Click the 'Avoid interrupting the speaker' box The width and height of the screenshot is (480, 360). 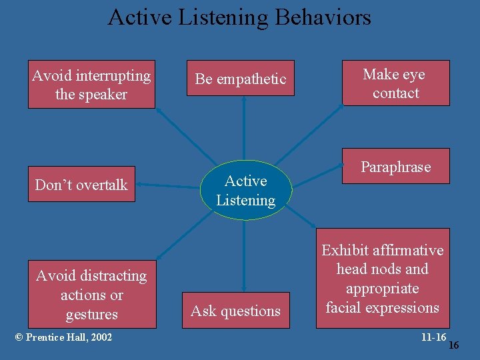[x=91, y=84]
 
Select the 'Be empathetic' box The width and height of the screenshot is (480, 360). [x=240, y=79]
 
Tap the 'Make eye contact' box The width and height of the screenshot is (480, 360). [x=396, y=83]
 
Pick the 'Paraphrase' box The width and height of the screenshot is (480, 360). [x=396, y=167]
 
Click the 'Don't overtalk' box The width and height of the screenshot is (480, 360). [x=81, y=184]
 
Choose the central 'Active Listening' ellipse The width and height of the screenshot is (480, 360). [x=245, y=190]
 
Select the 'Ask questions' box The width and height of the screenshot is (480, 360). [x=236, y=311]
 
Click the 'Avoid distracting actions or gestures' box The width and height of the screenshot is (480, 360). [x=91, y=294]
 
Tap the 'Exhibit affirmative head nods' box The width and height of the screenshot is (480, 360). [x=383, y=279]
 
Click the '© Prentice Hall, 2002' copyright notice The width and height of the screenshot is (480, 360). [x=63, y=337]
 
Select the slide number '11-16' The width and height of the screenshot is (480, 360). [x=433, y=337]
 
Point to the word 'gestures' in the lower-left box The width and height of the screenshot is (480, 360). [x=91, y=314]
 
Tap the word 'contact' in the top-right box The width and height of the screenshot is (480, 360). [x=396, y=93]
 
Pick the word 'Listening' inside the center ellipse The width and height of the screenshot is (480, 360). [x=245, y=200]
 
